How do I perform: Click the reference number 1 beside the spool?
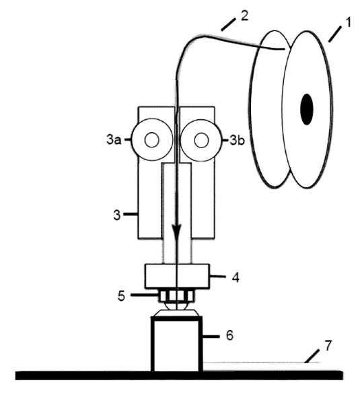coord(348,22)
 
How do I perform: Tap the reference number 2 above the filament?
coord(244,16)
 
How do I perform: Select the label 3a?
coord(114,140)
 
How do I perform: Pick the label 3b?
coord(237,141)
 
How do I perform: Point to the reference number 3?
coord(117,215)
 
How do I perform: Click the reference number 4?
coord(236,277)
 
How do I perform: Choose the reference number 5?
coord(121,296)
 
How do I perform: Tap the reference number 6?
coord(229,335)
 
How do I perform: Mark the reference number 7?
coord(328,345)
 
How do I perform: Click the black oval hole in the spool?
coord(307,109)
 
